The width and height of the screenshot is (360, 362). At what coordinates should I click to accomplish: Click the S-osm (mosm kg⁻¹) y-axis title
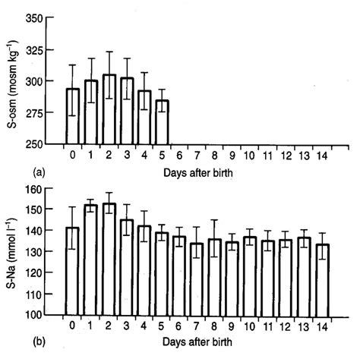(x=11, y=80)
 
